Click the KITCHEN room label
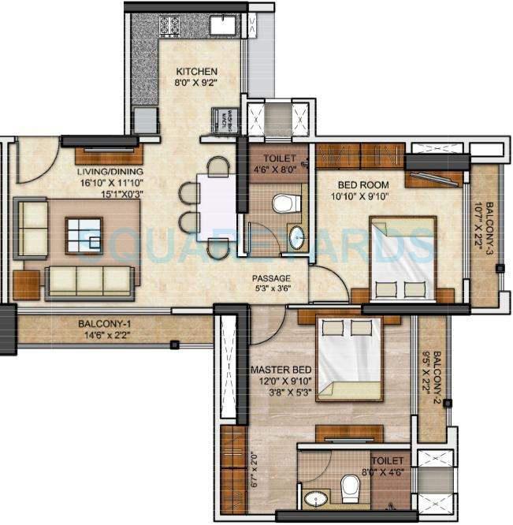(195, 72)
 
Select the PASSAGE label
(271, 278)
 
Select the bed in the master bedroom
(349, 359)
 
